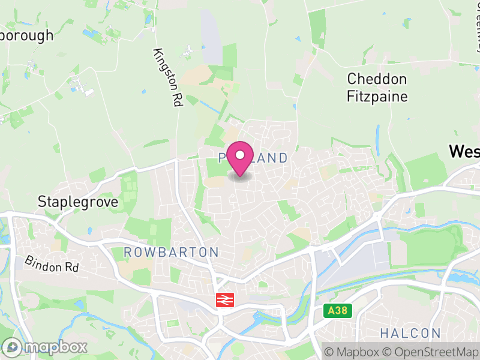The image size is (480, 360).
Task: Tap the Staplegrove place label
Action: (77, 202)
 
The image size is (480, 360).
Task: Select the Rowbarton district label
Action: (171, 252)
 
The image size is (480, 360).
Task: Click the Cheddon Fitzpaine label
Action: (377, 88)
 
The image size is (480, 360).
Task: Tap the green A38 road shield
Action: (338, 311)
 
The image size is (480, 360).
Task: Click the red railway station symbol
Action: (225, 300)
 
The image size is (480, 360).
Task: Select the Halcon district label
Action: (410, 333)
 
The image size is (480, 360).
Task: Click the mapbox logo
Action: (45, 347)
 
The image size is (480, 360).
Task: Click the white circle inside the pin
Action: (240, 155)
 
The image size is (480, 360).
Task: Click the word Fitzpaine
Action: (377, 96)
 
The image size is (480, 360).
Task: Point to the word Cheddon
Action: (377, 79)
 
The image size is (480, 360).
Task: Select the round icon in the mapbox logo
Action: (12, 347)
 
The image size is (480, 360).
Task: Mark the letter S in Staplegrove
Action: (41, 202)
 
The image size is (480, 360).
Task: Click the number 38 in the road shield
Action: (342, 311)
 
